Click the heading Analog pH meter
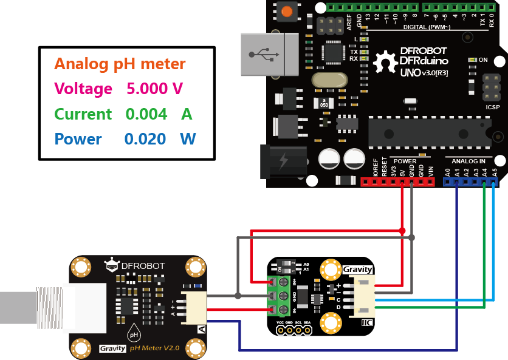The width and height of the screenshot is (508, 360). [120, 64]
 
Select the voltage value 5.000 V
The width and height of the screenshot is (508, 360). [154, 89]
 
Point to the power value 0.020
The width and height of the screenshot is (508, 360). [145, 139]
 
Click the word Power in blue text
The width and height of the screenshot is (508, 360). [78, 139]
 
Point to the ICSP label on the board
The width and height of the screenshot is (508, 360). [493, 107]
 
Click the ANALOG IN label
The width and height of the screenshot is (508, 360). [468, 161]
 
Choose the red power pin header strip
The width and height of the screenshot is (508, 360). [398, 182]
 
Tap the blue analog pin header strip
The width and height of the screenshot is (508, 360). [471, 182]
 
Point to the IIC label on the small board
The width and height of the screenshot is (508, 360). [366, 322]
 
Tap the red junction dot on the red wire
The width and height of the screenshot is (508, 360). [402, 231]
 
